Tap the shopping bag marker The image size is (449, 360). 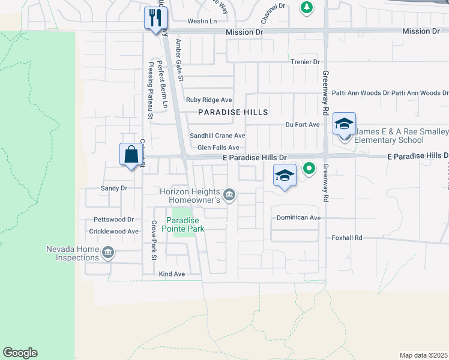pos(131,155)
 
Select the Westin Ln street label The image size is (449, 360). pos(202,21)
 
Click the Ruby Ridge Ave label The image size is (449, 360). pos(209,100)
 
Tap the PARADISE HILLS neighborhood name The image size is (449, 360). pos(233,112)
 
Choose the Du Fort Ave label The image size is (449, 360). pos(303,124)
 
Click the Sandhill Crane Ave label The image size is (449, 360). pos(217,136)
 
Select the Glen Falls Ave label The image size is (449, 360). pos(218,148)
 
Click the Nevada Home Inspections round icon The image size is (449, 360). pos(107,252)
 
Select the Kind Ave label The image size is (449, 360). pos(172,274)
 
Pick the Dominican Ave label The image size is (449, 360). pos(298,218)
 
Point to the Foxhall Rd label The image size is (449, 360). pos(348,238)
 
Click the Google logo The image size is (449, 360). pos(20,353)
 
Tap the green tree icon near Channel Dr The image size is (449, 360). pos(307,7)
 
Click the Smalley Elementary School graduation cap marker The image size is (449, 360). pos(345,124)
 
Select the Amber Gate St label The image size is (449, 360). pos(178,56)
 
